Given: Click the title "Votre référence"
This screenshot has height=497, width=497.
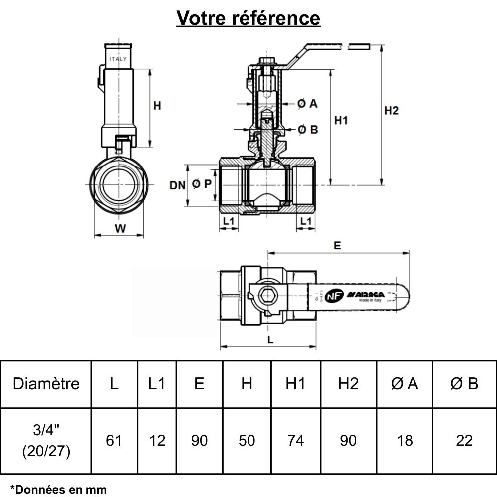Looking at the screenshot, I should pos(248,18).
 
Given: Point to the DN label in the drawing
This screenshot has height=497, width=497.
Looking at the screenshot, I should pos(177,185).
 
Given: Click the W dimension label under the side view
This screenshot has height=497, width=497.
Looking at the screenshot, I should pos(120,229).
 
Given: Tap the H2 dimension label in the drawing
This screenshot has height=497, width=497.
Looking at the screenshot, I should pos(392,111).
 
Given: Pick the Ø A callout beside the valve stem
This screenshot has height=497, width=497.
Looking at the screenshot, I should pos(307,104).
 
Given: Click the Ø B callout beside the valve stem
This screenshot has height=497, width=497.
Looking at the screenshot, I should pos(307,130).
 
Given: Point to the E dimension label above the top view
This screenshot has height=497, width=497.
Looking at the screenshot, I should pos(338,245).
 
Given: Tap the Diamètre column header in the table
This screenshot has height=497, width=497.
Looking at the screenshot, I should pos(46,384).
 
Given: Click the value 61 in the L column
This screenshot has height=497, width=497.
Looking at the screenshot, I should pos(114,440).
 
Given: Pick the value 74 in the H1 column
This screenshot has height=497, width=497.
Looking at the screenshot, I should pos(295,440).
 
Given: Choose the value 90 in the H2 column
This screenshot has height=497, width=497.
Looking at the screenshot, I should pos(348,440).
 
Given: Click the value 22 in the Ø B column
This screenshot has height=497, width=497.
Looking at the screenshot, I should pos(464,440).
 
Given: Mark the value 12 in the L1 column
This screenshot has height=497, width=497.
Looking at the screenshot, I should pos(157,440).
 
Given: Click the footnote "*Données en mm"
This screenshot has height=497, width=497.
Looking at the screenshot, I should pos(58,489).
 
